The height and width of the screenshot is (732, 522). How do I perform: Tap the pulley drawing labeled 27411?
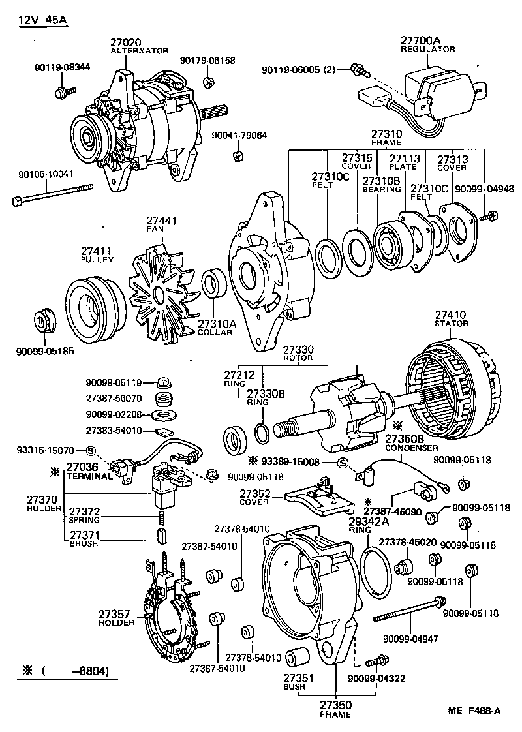[x=91, y=303]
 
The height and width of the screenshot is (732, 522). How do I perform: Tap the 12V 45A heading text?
[x=42, y=20]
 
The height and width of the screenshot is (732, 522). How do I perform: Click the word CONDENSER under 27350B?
[x=411, y=448]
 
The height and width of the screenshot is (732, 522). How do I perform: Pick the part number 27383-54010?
[x=114, y=431]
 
